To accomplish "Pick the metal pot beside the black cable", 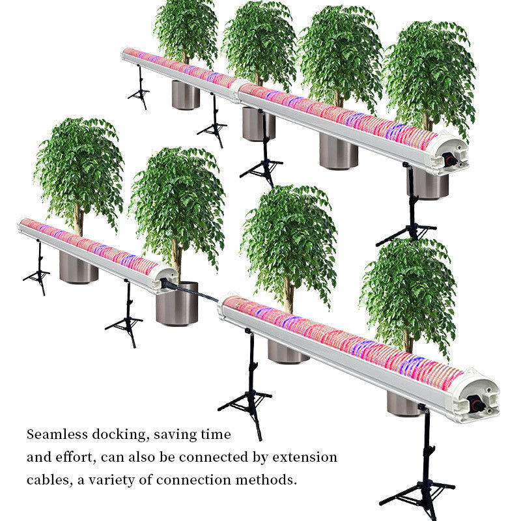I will [x=176, y=303].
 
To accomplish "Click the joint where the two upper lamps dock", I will [x=237, y=91].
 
